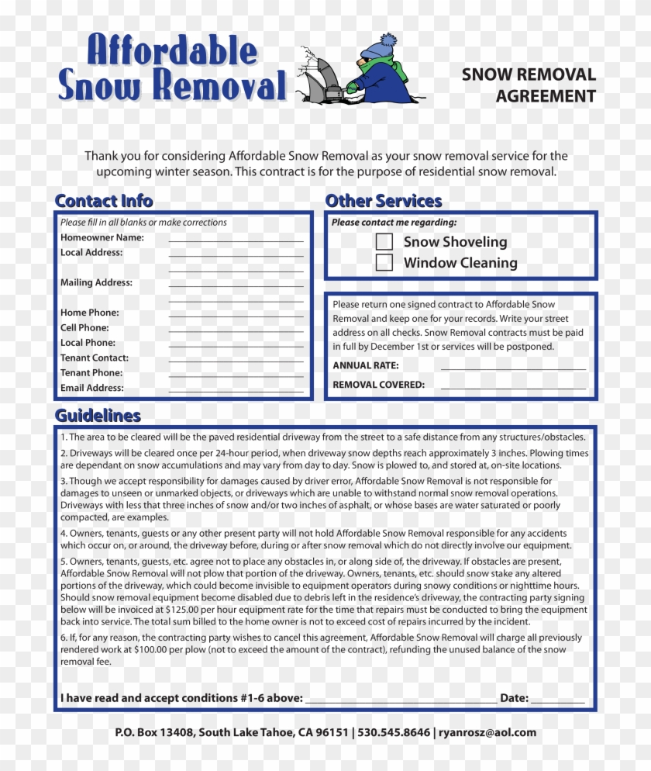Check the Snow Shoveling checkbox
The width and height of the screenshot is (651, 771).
[384, 242]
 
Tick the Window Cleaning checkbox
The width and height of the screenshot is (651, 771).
[384, 263]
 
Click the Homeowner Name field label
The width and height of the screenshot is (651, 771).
[102, 238]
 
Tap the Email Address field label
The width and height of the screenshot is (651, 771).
[92, 388]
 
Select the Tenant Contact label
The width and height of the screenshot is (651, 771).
[95, 358]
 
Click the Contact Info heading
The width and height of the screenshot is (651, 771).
[104, 201]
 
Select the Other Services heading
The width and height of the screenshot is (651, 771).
[384, 201]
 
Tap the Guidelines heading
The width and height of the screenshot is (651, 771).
[98, 415]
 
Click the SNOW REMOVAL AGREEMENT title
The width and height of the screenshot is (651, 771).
[529, 85]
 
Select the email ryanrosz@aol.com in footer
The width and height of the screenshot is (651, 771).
[487, 732]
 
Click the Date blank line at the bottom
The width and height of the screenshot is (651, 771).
[558, 699]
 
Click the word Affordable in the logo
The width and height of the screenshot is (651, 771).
[171, 51]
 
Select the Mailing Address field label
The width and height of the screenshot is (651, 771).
[97, 283]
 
